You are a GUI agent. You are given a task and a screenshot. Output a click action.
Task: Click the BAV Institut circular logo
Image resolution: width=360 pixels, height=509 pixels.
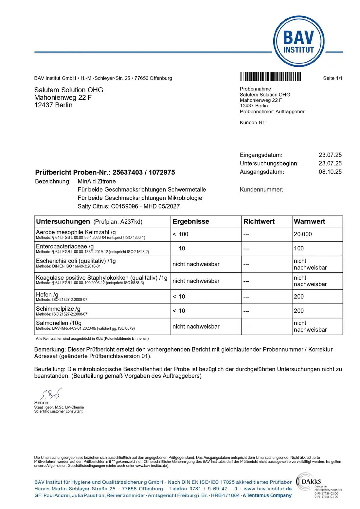pos(298,42)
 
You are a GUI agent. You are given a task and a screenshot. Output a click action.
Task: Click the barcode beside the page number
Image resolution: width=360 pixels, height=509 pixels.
pos(270,77)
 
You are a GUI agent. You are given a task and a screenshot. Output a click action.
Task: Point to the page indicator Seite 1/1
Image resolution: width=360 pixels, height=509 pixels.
pos(333,78)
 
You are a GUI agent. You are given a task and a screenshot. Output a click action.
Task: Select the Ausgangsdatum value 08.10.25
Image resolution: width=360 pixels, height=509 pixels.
pos(330,172)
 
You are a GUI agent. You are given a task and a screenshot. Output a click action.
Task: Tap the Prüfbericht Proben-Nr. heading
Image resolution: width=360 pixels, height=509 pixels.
pos(105,173)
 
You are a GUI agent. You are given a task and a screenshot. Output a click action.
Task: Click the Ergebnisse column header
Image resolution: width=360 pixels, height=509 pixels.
pos(191,222)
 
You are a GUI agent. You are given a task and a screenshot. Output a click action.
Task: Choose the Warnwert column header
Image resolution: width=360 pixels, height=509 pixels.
pos(309,222)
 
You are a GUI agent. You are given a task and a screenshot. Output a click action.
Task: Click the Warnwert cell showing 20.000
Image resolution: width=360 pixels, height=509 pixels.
pos(303,234)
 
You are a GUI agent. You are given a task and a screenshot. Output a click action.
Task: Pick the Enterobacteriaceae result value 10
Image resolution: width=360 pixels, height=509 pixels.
pos(182,248)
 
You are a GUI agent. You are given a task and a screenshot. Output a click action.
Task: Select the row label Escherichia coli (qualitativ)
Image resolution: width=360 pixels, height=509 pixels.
pos(76,261)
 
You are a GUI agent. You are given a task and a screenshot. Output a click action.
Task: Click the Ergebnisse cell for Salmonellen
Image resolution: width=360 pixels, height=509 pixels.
pos(196,327)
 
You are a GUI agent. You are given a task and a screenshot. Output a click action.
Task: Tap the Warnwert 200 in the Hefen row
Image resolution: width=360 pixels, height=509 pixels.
pos(299,297)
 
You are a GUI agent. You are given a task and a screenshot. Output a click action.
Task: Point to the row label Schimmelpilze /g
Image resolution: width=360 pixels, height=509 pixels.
pos(58,309)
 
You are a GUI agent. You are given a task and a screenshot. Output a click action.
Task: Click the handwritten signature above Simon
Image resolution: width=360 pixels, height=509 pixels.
pos(51,393)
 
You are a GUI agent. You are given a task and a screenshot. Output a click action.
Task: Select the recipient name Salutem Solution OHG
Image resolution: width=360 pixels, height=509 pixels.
pos(68,90)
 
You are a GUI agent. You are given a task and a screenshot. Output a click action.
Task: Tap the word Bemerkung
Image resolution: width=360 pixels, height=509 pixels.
pos(49,350)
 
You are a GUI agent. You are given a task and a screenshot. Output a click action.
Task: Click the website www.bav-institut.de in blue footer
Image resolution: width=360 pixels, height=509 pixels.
pos(267,489)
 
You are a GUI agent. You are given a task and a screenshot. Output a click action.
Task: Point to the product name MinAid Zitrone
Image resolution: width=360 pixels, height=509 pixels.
pos(97,181)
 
